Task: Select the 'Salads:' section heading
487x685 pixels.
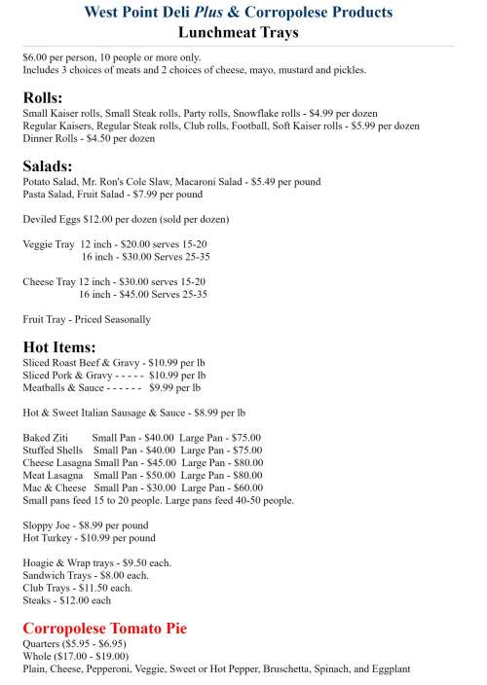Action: tap(47, 166)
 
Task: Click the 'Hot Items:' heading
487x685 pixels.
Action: tap(58, 347)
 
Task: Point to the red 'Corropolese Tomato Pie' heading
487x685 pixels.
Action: tap(104, 629)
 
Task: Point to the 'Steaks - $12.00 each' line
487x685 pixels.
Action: tap(66, 600)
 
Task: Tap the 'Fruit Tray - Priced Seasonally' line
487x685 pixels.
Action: tap(87, 319)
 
